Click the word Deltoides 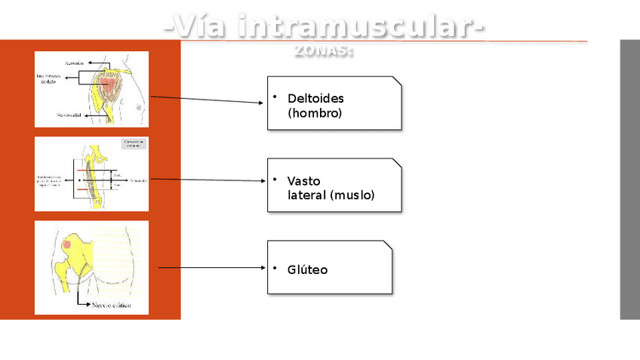tap(315, 99)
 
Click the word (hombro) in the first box tap(315, 113)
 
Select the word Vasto tap(303, 181)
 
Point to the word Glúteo tap(307, 269)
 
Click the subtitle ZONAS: tap(324, 51)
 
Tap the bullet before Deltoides tap(275, 97)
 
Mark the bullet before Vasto tap(275, 179)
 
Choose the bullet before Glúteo tap(275, 267)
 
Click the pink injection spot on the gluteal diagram tap(67, 245)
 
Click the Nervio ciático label tap(110, 306)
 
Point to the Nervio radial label tap(70, 115)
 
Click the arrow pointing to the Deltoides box tap(208, 100)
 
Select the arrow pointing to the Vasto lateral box tap(208, 180)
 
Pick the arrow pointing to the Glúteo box tap(211, 267)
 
